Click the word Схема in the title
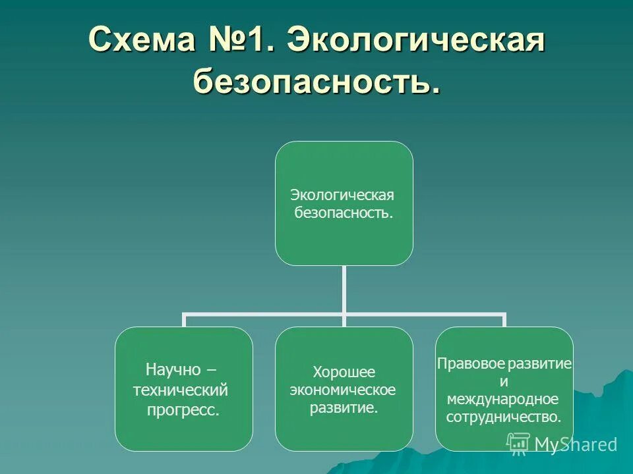coord(137,40)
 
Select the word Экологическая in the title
coord(417,40)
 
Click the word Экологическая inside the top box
coord(342,196)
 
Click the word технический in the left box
coord(181,390)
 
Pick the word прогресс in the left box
coord(183,411)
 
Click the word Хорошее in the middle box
coord(343,372)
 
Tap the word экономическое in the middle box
coord(343,390)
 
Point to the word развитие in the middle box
coord(344,408)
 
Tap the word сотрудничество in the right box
coord(504,417)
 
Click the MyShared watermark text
coord(576,444)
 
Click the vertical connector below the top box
coord(344,290)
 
